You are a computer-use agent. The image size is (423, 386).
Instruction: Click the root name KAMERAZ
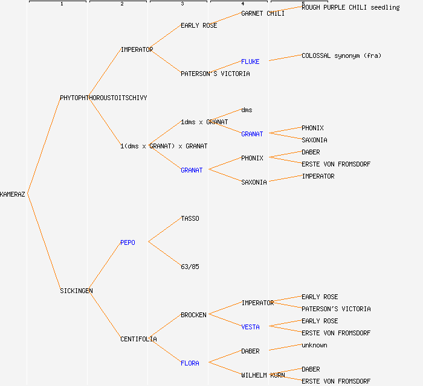point(13,194)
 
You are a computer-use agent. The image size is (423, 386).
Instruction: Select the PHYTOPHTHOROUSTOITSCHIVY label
point(103,98)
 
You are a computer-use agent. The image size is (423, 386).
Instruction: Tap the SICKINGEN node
point(76,291)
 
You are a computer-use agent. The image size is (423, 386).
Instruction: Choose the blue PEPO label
point(128,242)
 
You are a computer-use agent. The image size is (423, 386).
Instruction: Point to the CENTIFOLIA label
point(138,339)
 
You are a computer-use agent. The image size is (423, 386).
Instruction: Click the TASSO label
point(190,218)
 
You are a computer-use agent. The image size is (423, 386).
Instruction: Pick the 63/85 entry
point(190,267)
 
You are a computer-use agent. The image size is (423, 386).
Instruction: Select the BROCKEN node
point(193,315)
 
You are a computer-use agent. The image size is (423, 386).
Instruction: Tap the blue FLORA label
point(190,363)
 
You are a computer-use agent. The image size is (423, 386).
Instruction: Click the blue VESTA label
point(250,327)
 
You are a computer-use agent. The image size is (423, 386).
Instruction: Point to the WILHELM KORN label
point(263,375)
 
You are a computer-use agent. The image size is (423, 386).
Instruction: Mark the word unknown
point(314,345)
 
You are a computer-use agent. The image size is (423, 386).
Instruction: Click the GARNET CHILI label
point(263,13)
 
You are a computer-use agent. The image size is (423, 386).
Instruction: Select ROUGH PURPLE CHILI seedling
point(350,7)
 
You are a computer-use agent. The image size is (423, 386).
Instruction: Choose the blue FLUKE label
point(250,62)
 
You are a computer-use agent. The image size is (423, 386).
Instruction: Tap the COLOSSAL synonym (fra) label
point(341,55)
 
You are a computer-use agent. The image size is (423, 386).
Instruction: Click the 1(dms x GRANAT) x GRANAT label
point(164,146)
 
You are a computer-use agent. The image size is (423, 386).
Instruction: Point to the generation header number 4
point(243,4)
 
